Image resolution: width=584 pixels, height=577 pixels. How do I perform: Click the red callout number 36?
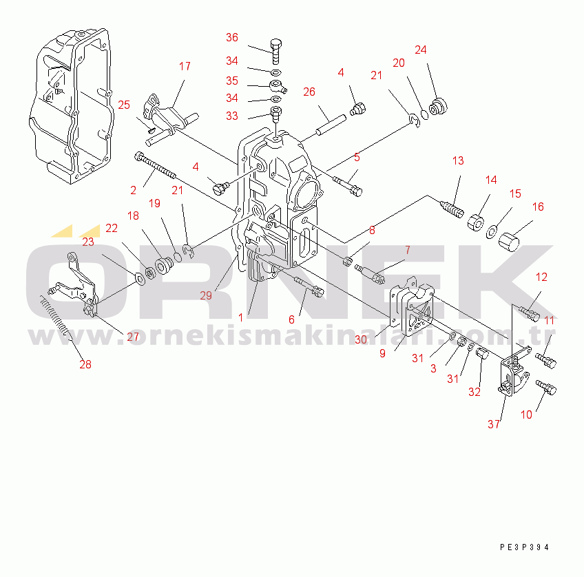[231, 38]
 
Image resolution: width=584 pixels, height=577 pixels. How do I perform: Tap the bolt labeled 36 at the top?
[275, 52]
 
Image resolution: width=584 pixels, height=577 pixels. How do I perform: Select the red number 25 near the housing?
[124, 105]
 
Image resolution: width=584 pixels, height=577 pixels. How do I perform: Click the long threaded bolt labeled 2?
[155, 166]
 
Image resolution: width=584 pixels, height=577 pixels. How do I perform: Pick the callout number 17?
[185, 66]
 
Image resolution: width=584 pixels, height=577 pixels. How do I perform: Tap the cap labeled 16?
[509, 242]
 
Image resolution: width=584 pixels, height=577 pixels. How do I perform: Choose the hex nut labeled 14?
[476, 222]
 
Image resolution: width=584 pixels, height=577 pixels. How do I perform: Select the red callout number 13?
[458, 161]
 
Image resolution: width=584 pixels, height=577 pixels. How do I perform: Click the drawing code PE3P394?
[524, 547]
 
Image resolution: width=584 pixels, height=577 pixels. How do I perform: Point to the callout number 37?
[494, 424]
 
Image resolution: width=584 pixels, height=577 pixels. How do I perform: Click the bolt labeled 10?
[546, 388]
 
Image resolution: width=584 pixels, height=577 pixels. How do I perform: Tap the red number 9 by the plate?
[382, 353]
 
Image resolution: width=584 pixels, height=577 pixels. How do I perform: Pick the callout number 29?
[206, 295]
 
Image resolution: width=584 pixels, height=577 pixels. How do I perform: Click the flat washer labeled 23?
[140, 279]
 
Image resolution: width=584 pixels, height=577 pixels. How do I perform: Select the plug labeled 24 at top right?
[439, 107]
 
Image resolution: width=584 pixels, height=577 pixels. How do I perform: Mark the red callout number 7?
[408, 250]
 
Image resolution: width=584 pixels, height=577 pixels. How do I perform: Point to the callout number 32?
[474, 392]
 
